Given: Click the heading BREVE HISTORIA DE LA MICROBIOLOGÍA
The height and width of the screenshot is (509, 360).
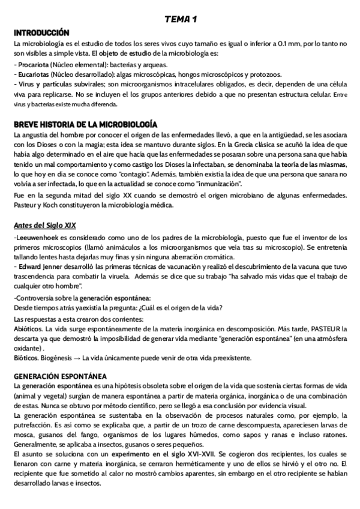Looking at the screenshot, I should coord(85,124).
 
